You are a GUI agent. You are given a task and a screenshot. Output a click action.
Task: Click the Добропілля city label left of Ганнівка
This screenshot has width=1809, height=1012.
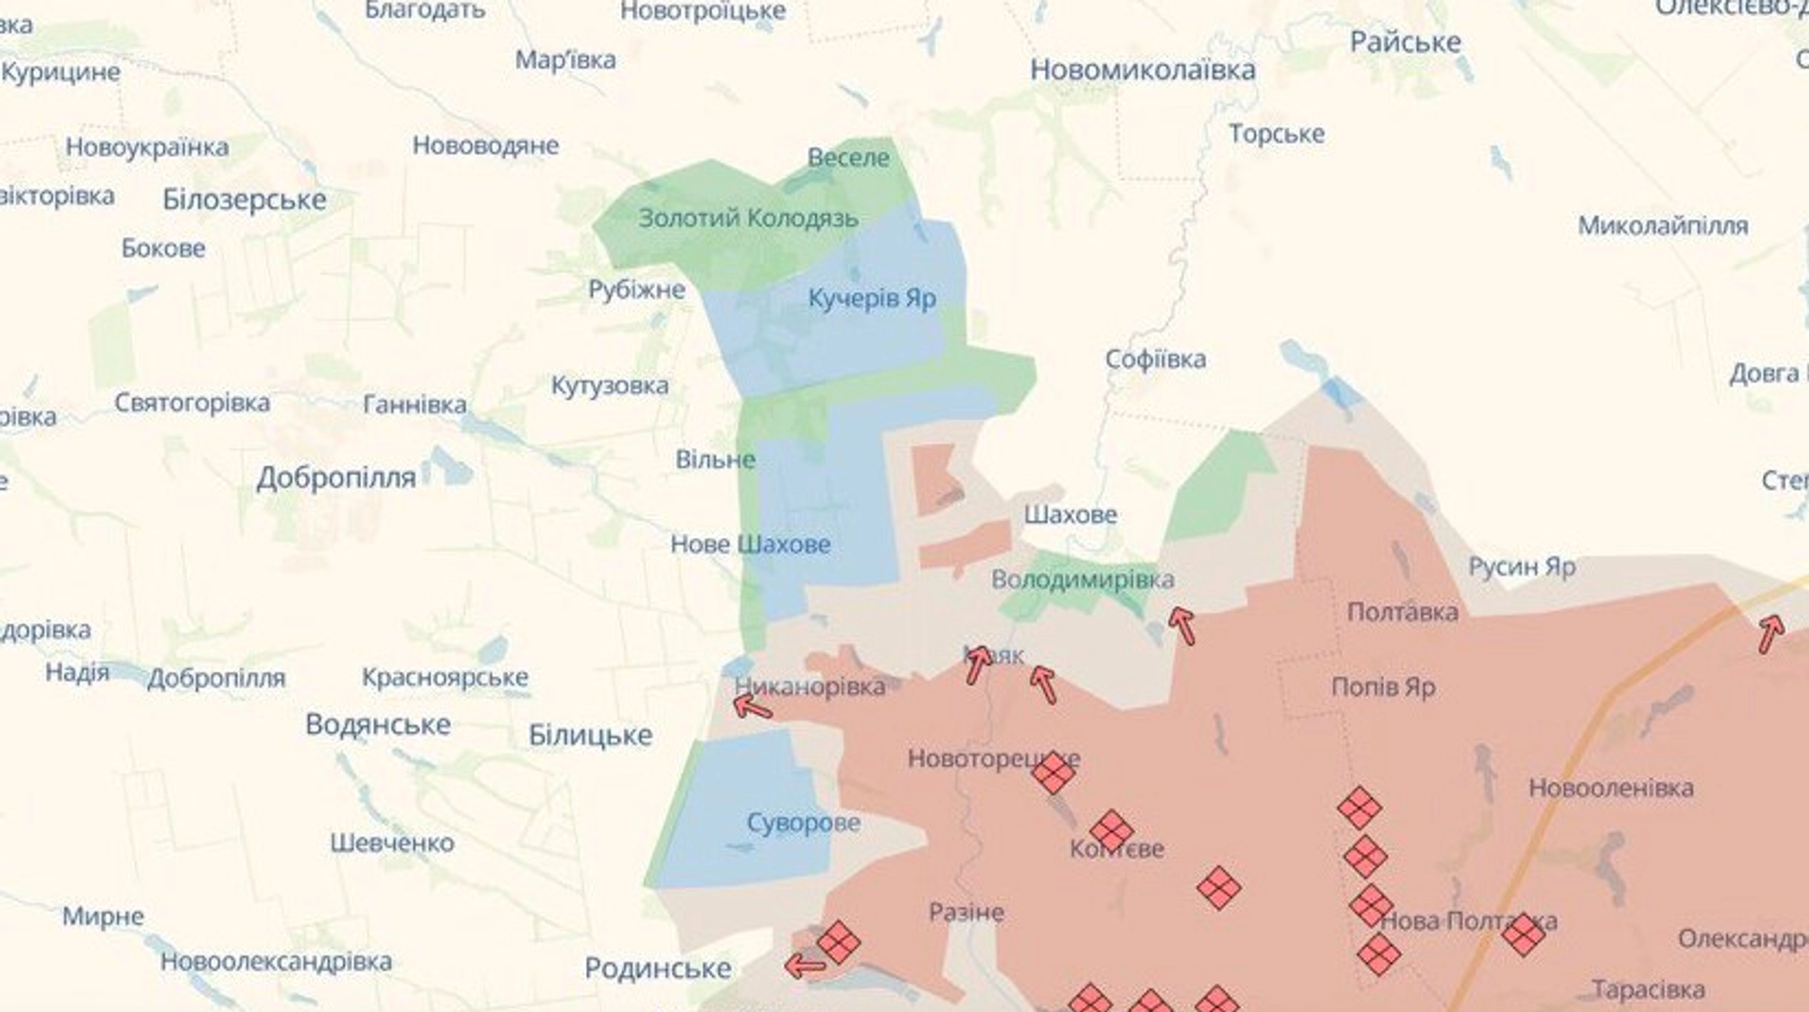[x=336, y=478]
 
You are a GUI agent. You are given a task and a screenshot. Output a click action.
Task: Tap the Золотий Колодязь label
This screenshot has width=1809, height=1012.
[x=748, y=219]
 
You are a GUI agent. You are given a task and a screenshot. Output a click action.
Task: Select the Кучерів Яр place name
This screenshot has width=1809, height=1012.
[x=872, y=299]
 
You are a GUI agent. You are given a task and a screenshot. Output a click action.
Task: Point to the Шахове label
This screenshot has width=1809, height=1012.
[x=1070, y=514]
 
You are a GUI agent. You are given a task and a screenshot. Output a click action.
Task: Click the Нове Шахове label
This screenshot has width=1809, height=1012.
[x=750, y=544]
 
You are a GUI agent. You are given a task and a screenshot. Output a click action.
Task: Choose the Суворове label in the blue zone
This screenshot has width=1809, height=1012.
[x=803, y=823]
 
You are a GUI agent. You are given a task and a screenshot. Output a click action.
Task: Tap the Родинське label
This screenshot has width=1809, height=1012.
[x=658, y=968]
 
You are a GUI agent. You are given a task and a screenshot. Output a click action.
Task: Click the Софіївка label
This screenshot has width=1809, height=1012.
[x=1155, y=359]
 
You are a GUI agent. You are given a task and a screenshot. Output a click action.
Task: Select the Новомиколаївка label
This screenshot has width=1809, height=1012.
[x=1142, y=70]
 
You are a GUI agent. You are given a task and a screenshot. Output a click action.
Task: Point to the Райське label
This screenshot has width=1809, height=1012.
[x=1405, y=42]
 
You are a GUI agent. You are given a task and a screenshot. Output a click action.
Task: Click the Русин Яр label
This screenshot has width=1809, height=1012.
[x=1522, y=566]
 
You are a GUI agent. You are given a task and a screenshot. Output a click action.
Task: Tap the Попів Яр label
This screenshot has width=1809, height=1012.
[x=1383, y=687]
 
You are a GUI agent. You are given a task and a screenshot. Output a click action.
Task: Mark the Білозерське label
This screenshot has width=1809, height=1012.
[x=244, y=200]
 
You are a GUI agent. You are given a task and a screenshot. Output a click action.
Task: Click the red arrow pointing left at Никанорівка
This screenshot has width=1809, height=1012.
[x=752, y=705]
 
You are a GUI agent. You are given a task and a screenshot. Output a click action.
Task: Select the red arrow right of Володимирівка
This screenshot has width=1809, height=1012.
[x=1182, y=625]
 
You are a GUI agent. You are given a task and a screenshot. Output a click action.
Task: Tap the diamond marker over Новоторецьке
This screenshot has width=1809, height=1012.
[x=1052, y=773]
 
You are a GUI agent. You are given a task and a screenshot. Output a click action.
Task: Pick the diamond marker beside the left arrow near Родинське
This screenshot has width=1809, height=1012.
[x=838, y=942]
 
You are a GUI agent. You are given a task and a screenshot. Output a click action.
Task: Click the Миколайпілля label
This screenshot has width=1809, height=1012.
[x=1662, y=226]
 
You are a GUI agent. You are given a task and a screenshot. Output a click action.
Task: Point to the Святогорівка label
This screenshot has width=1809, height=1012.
[x=192, y=403]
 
